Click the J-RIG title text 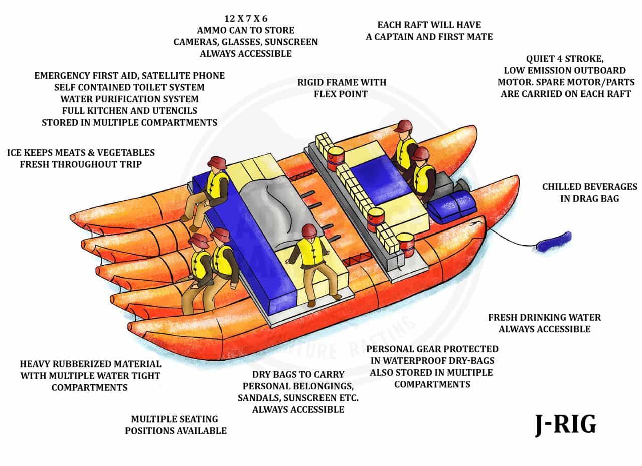point(565,425)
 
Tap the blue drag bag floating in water point(553,242)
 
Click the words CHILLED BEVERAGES point(589,187)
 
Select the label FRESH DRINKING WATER point(544,317)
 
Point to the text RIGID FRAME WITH point(342,82)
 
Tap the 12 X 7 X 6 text point(245,19)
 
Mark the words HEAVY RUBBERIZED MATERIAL point(90,364)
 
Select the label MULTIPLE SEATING point(175,419)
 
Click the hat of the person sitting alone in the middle point(309,230)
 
